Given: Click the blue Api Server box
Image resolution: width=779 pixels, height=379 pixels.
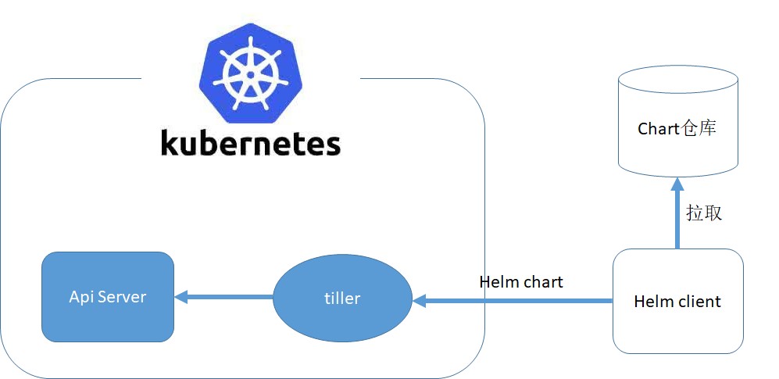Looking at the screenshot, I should point(108,297).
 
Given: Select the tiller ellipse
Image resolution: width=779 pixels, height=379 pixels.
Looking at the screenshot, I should point(342,299).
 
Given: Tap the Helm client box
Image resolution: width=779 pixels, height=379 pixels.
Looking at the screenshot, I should point(677,301).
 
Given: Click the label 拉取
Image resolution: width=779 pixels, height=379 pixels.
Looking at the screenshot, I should point(704,213).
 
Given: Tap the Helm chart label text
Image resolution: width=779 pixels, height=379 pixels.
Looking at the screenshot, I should point(520,282).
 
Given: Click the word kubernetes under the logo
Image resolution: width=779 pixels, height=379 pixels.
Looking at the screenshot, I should point(251,144).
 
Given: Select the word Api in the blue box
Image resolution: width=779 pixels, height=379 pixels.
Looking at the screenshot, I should point(81,297).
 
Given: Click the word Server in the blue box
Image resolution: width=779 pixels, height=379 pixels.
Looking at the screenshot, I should point(121,297).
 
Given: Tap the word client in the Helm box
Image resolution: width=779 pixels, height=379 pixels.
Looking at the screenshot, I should point(698,301).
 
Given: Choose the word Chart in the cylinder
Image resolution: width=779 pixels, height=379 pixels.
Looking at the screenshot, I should point(658,128).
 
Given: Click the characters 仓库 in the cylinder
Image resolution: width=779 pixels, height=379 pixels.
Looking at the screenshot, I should point(699,128).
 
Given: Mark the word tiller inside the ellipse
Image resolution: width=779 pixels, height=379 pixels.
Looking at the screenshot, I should point(342,299).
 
